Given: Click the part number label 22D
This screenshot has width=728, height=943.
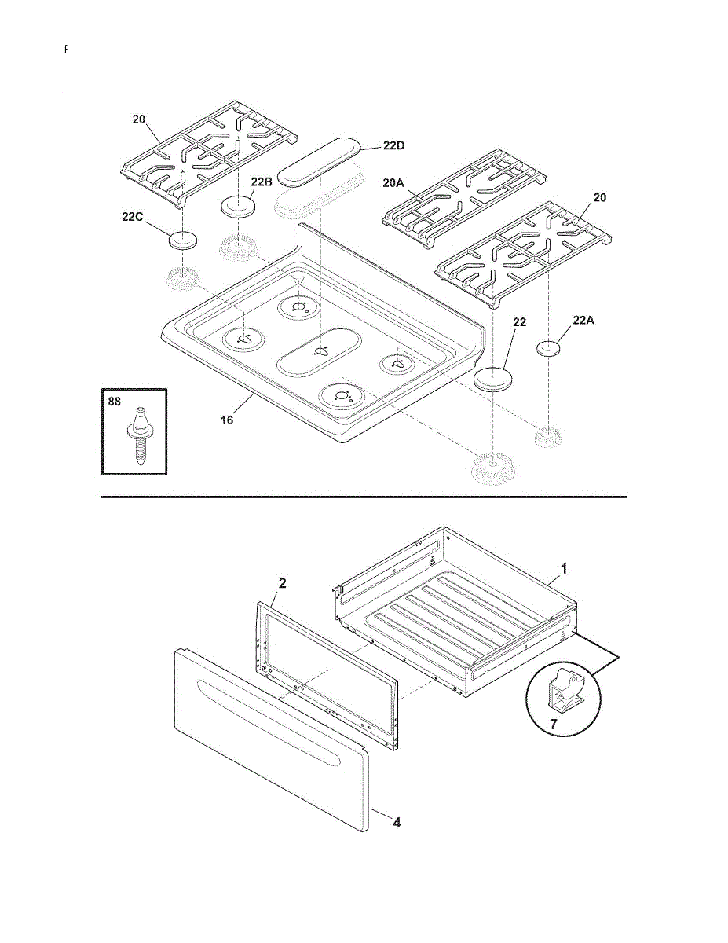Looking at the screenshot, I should pos(394,145).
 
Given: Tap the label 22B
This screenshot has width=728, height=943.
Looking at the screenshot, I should pos(262,182).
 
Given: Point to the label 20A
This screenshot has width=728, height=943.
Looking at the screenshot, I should pos(393,182).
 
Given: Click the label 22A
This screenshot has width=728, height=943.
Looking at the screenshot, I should pos(584,320).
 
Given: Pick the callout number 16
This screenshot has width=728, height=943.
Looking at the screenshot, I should pos(227,420).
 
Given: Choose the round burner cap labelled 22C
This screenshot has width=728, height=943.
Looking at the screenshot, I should pos(181,240).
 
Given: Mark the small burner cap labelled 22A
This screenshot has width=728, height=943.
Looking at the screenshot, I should pos(551,347).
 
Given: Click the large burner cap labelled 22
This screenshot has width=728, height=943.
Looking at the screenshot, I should pos(493,377).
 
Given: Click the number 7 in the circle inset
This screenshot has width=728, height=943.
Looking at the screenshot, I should pos(553,725).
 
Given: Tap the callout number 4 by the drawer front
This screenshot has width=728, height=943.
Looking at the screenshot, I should pos(397,823).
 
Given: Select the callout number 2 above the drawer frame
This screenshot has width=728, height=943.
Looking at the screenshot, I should pos(283,583).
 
